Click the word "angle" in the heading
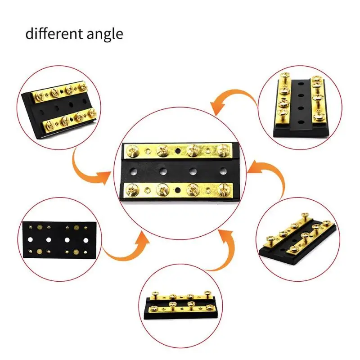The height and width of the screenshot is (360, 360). pos(105,35)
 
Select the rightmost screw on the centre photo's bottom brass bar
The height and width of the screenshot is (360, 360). pos(224,189)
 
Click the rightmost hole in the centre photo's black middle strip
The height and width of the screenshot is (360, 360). pos(222,171)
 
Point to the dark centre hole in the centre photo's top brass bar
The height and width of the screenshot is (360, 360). pos(177,151)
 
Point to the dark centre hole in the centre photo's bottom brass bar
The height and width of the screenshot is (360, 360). pos(177,190)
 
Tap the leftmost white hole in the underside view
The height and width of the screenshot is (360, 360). pos(30,240)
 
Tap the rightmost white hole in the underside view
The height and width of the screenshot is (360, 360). pos(86,240)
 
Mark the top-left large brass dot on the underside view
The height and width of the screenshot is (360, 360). pos(40,227)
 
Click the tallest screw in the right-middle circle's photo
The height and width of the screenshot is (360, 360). pos(306,216)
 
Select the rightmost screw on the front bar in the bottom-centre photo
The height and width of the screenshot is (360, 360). pos(209,307)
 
